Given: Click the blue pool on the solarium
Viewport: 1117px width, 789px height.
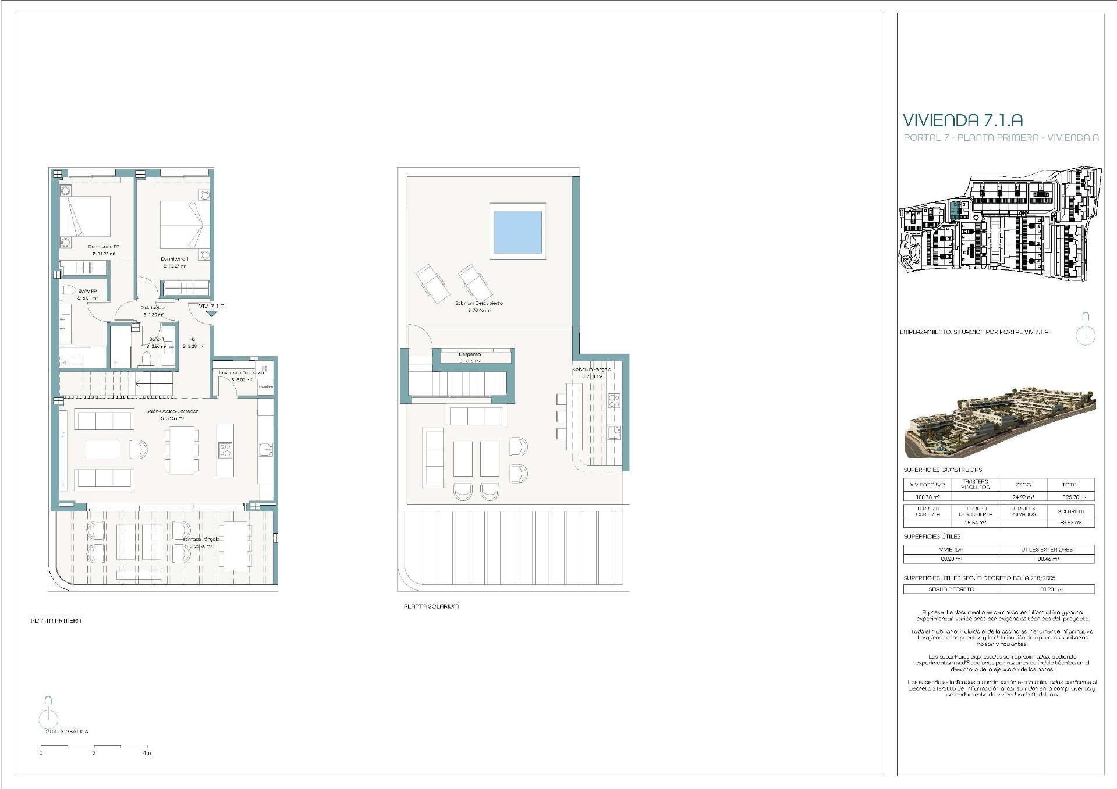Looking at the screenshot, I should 517,231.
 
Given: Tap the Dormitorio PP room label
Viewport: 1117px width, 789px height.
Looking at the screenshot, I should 104,247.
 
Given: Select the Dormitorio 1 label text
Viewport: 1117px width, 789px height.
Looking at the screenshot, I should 175,259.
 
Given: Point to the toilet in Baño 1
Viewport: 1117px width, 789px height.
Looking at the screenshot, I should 147,358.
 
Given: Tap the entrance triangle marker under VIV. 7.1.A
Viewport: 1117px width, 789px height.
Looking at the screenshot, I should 211,314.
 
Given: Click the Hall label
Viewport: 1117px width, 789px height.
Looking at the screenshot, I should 193,339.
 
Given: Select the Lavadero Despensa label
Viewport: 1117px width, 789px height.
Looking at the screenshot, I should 242,372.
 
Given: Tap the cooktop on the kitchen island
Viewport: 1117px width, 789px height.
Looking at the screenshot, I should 225,449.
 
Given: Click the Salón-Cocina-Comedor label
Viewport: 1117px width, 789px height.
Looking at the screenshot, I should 172,411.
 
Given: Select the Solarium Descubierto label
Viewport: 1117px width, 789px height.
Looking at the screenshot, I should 478,303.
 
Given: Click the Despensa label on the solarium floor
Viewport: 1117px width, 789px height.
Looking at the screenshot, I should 469,354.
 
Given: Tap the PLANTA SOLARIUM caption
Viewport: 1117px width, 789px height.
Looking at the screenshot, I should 431,606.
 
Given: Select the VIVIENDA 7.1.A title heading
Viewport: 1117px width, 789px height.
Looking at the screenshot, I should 963,120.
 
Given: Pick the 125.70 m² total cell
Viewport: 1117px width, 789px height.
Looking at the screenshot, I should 1070,497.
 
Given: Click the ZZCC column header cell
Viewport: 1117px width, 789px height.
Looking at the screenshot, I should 1023,485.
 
